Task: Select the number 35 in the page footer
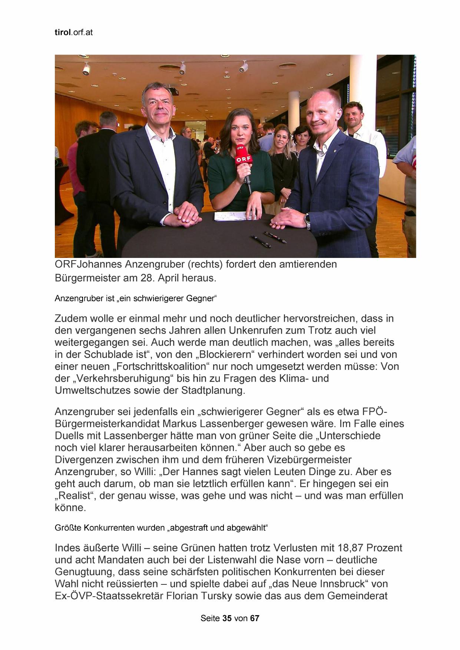click(x=227, y=618)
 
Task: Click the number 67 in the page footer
click(x=255, y=618)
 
